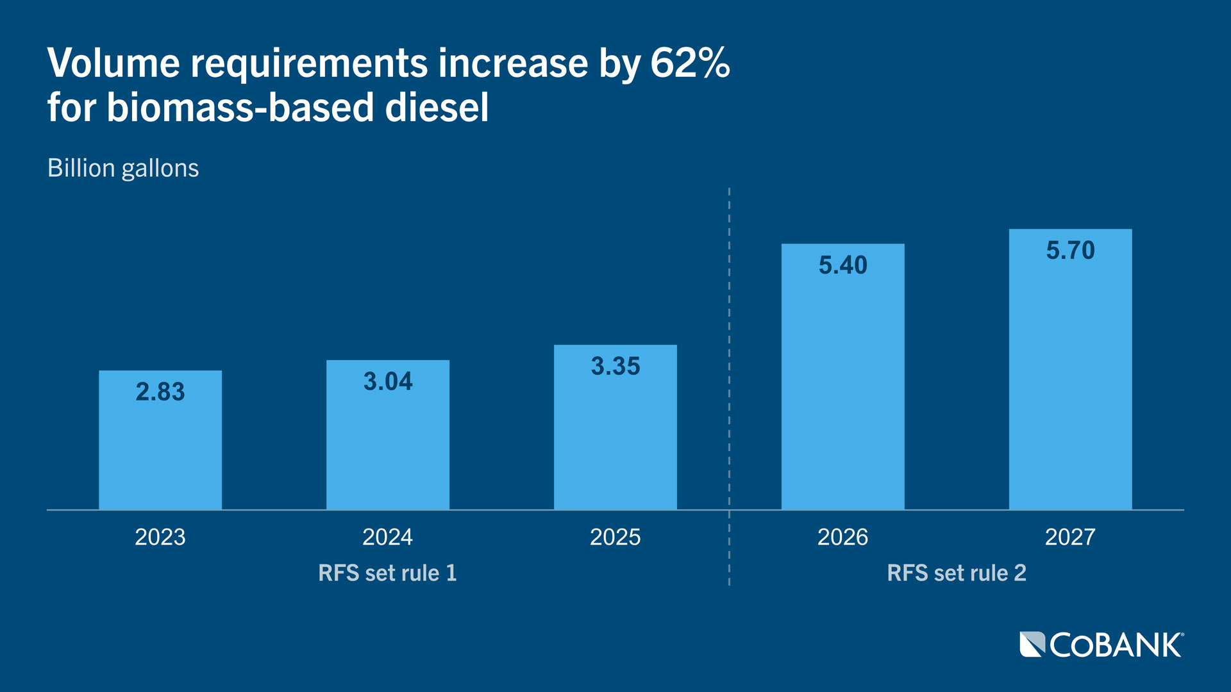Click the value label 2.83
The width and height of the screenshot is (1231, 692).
tap(160, 392)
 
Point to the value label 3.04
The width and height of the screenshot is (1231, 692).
tap(388, 382)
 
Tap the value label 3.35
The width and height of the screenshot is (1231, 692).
tap(615, 367)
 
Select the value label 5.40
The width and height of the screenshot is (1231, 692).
tap(842, 265)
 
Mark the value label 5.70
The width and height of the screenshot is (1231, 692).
tap(1070, 251)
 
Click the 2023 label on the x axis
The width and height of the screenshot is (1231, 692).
tap(160, 537)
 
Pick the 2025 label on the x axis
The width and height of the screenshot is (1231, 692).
tap(615, 537)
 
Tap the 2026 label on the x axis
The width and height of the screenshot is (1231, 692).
tap(842, 537)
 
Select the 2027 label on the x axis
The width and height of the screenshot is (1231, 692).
tap(1070, 537)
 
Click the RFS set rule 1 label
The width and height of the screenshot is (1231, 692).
tap(387, 573)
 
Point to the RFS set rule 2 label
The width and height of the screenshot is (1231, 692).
tap(957, 573)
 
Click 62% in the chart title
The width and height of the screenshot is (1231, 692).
tap(690, 63)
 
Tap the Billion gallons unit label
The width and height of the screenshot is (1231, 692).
tap(123, 169)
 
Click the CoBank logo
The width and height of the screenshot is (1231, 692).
tap(1101, 645)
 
